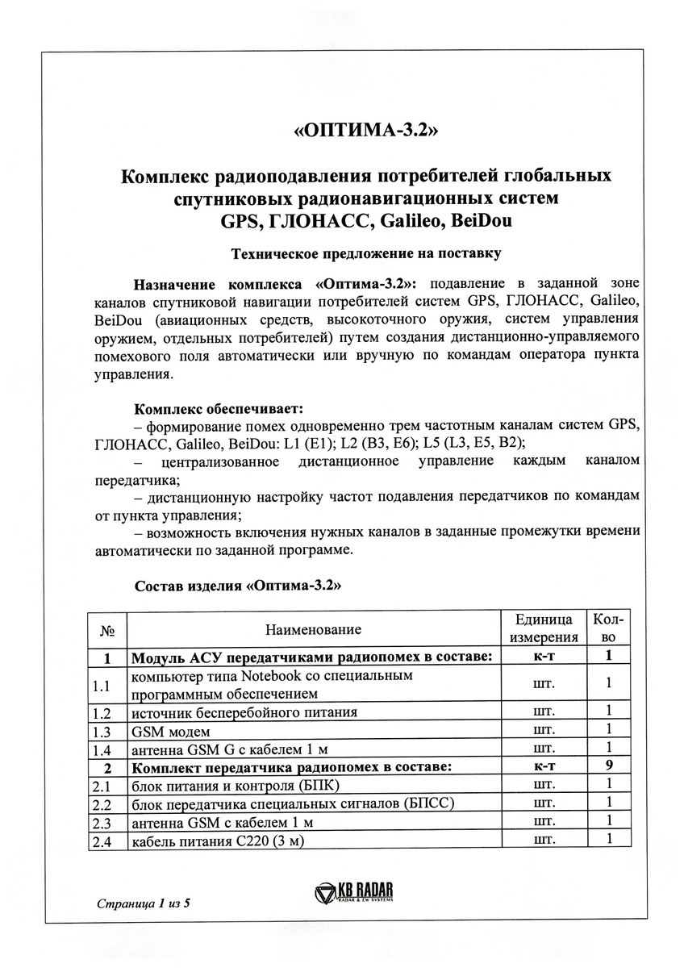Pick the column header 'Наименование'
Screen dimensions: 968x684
coord(313,629)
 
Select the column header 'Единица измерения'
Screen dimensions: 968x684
coord(544,629)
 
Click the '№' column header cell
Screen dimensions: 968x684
coord(106,630)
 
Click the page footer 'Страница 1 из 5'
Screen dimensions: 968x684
coord(142,902)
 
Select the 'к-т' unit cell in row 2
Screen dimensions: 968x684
coord(544,766)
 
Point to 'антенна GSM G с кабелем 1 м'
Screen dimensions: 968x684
coord(230,748)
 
